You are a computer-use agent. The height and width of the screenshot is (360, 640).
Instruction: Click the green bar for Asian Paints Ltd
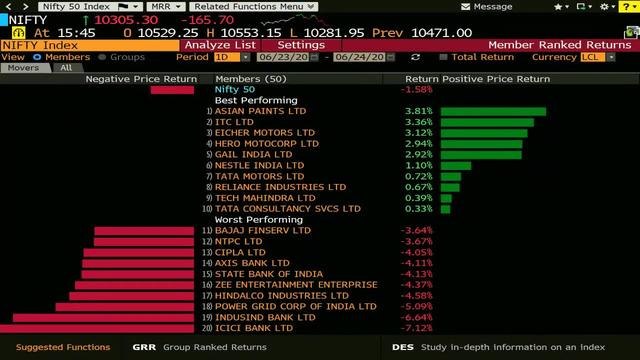492,111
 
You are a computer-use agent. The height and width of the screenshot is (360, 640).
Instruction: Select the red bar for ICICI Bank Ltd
100,328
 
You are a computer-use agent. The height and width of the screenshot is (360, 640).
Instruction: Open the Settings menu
300,45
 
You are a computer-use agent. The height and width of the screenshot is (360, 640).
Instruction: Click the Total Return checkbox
444,57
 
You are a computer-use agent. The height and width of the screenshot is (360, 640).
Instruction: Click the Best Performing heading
256,100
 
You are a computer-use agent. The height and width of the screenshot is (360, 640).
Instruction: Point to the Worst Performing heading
258,219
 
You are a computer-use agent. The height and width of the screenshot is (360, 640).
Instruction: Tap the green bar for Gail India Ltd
479,155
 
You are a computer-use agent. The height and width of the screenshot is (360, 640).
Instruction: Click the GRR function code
144,347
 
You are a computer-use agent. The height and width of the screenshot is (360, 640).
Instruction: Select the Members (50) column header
250,78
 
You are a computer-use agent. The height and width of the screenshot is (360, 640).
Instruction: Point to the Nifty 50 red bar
172,90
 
